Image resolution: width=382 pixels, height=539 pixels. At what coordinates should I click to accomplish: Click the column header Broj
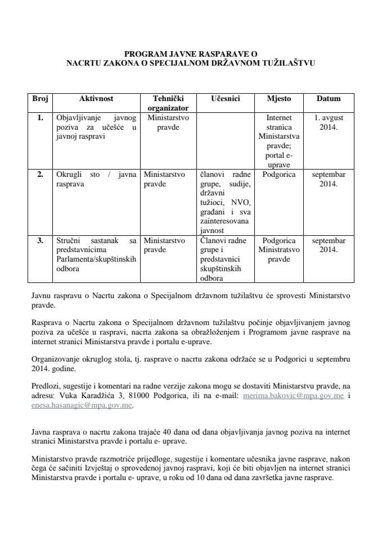pyautogui.click(x=40, y=98)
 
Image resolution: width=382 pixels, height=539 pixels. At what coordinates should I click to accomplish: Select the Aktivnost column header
pyautogui.click(x=96, y=98)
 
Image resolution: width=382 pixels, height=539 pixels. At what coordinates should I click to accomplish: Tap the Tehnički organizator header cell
pyautogui.click(x=168, y=103)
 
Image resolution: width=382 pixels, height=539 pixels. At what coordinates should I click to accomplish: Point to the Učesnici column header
pyautogui.click(x=226, y=98)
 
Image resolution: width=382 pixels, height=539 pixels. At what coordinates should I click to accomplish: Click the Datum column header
pyautogui.click(x=329, y=98)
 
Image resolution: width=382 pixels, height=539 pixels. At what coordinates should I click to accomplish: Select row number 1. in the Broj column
pyautogui.click(x=40, y=118)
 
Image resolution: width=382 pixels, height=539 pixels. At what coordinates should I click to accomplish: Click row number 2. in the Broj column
pyautogui.click(x=40, y=175)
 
